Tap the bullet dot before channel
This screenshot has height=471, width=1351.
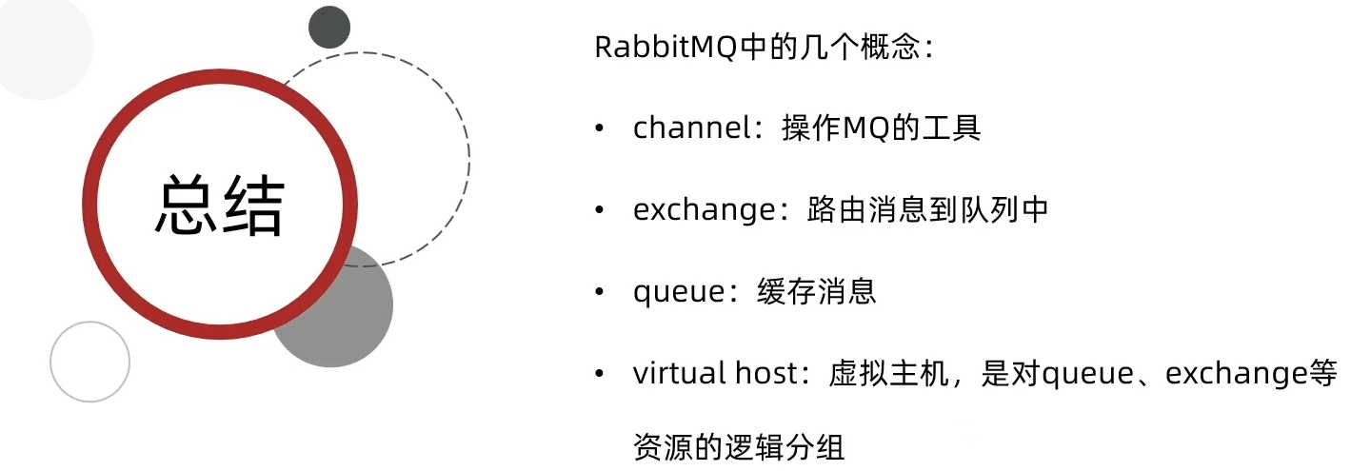coord(599,128)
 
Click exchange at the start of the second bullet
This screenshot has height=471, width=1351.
coord(699,209)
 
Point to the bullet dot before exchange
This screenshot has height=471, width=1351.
coord(599,209)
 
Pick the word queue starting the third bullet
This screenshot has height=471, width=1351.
coord(679,291)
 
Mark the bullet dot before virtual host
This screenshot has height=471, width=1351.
coord(599,373)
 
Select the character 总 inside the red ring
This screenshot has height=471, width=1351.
coord(188,206)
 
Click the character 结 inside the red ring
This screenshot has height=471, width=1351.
coord(252,206)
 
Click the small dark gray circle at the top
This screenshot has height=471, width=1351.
coord(329,27)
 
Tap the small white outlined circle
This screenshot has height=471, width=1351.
coord(89,362)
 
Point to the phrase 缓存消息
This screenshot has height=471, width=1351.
coord(817,291)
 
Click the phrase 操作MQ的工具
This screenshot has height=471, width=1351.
coord(881,128)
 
